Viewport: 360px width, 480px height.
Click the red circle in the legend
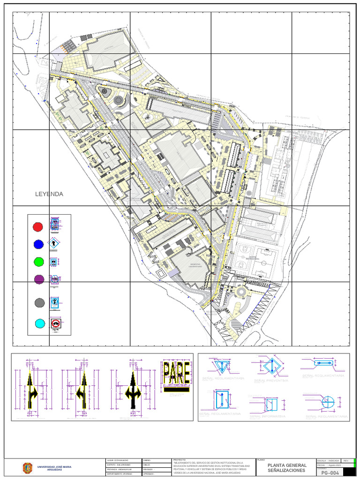[x=37, y=227]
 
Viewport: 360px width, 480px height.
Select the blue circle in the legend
[x=38, y=244]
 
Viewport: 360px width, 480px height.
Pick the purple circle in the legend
[x=39, y=279]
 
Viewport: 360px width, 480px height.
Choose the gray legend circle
[x=39, y=303]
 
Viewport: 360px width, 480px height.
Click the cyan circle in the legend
[x=40, y=323]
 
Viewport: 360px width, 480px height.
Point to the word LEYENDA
[x=49, y=194]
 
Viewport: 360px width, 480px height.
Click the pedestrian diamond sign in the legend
[x=55, y=244]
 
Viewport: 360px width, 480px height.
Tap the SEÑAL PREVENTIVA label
[x=271, y=381]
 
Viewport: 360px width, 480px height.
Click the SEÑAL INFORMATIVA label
[x=268, y=416]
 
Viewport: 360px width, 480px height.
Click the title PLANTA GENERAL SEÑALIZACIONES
[x=286, y=468]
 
